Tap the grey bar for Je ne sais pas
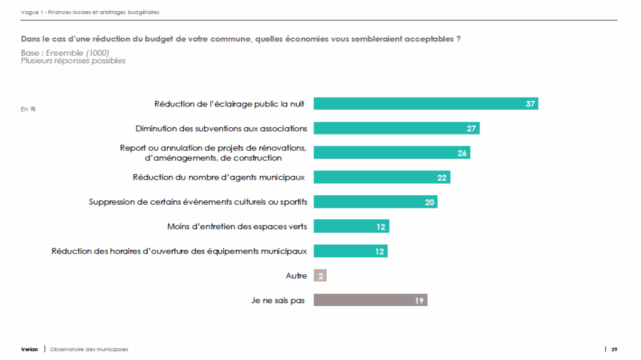(369, 301)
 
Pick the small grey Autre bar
(320, 275)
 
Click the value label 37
(530, 104)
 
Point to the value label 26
(462, 153)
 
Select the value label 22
(442, 178)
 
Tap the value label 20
(429, 202)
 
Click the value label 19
(419, 301)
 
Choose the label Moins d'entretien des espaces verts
(237, 227)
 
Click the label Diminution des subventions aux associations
(221, 128)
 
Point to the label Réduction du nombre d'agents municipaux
(218, 178)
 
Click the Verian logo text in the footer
(29, 349)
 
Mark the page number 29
(615, 349)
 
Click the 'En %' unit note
(28, 109)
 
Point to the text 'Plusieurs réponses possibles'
(73, 61)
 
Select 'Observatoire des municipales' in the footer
(89, 349)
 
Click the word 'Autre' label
(296, 275)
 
